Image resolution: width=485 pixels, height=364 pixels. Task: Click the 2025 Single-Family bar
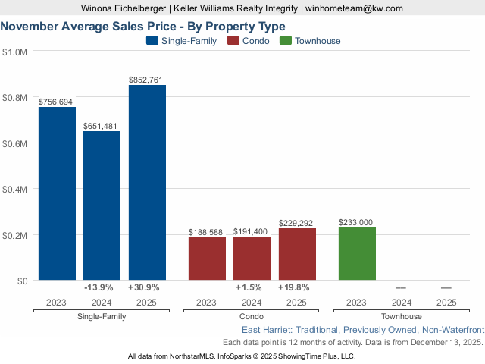tap(147, 183)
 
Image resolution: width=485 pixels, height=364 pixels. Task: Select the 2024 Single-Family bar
tap(102, 206)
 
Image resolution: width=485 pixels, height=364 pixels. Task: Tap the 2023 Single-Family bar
tap(57, 193)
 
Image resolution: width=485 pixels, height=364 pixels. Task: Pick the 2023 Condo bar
tap(207, 259)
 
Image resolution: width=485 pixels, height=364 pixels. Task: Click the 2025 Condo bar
tap(297, 254)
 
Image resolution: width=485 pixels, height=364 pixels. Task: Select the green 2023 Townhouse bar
tap(357, 253)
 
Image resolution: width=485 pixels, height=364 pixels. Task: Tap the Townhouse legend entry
tap(310, 41)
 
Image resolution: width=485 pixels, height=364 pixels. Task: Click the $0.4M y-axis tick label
tap(15, 189)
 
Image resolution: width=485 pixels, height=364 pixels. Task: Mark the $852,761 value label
tap(147, 80)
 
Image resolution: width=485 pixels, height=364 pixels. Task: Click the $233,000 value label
tap(357, 222)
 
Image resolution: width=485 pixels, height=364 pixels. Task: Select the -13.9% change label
tap(99, 288)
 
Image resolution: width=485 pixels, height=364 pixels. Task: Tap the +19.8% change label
tap(294, 288)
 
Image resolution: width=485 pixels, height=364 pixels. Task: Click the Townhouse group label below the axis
tap(402, 316)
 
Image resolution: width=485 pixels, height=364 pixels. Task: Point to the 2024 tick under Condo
tap(252, 302)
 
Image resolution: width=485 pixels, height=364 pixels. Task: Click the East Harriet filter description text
tap(362, 331)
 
